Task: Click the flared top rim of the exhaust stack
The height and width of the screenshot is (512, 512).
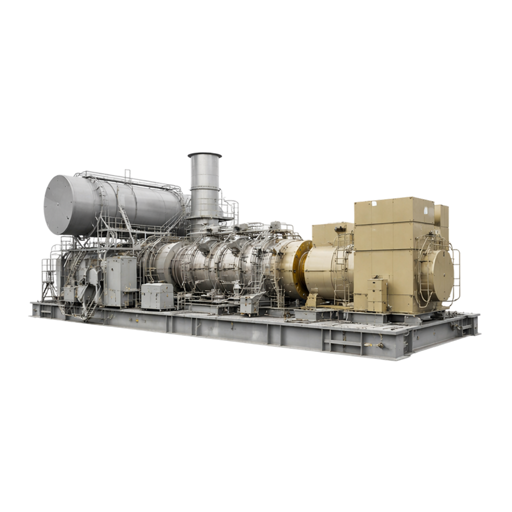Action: (204, 155)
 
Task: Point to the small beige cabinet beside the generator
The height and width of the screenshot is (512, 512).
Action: (377, 295)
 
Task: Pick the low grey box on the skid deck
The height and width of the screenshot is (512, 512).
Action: (157, 296)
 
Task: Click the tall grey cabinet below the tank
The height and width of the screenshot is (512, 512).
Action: (120, 280)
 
